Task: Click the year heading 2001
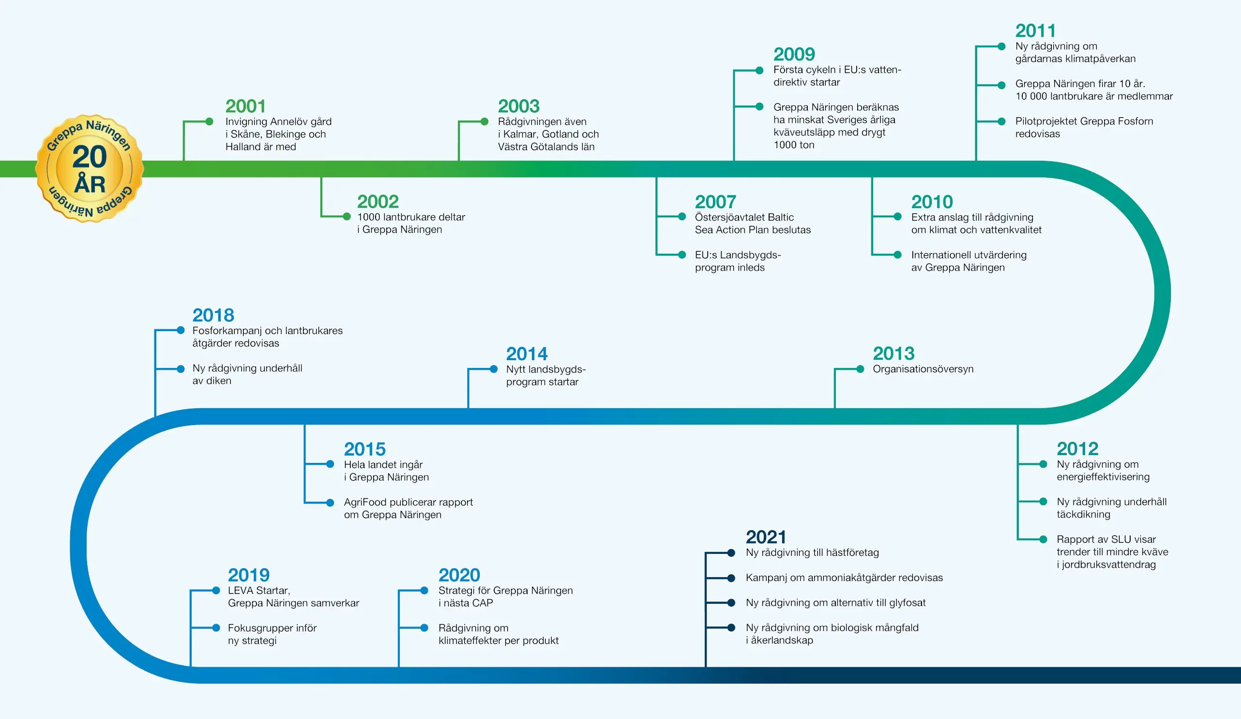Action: (245, 106)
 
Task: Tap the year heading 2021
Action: (766, 537)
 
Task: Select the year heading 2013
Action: (894, 353)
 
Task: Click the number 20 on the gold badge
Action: (90, 156)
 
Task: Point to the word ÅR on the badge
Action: (90, 183)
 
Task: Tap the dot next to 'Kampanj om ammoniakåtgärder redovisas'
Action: (731, 578)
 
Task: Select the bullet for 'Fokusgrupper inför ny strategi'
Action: (216, 628)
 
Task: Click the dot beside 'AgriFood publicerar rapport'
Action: (331, 502)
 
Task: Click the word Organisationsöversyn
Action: (923, 369)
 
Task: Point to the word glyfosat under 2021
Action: (907, 603)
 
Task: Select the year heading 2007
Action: (715, 201)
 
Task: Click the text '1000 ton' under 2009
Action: (794, 145)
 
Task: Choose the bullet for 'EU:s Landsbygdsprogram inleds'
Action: (682, 255)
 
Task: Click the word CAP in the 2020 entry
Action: (483, 603)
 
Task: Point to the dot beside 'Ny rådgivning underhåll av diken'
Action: (181, 368)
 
